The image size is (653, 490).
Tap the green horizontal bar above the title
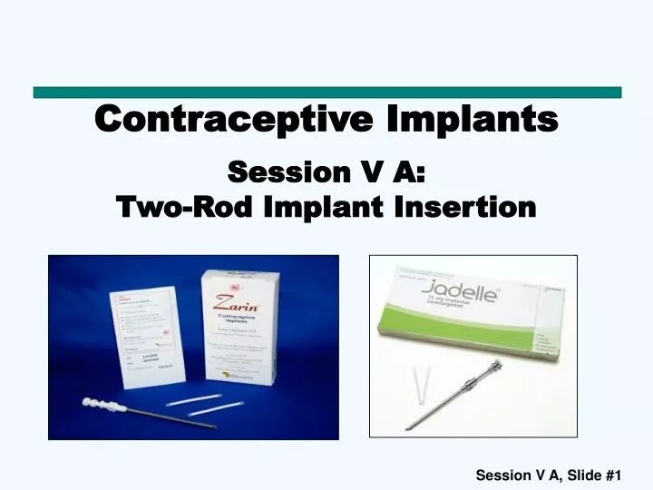pyautogui.click(x=326, y=92)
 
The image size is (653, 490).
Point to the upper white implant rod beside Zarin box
pyautogui.click(x=200, y=400)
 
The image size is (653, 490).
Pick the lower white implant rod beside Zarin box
pyautogui.click(x=214, y=410)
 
